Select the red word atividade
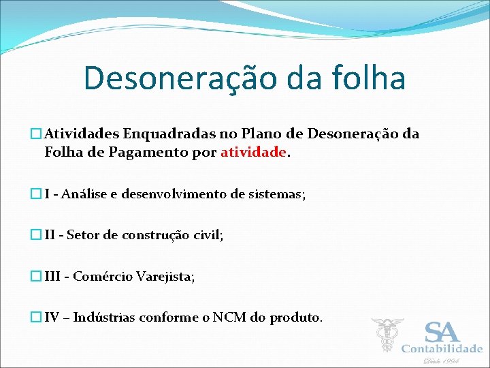253,153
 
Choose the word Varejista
165,276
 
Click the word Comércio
103,276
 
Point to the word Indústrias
104,318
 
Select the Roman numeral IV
52,318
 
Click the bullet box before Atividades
37,134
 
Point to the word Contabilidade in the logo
442,349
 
